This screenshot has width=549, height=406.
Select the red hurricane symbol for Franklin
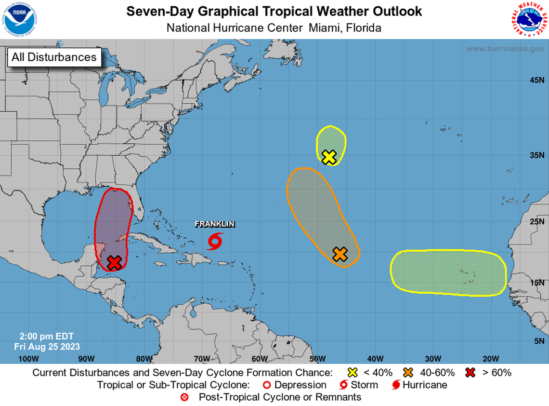[215, 241]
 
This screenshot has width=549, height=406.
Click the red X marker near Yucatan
[114, 263]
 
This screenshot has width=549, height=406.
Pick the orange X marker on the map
[340, 254]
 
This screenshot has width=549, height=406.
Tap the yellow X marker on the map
[329, 157]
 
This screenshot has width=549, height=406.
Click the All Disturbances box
[54, 57]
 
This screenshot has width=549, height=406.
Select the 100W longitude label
[28, 358]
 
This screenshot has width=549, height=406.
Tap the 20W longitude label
[490, 358]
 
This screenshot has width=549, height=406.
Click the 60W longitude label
[259, 358]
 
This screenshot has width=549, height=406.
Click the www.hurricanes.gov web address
[505, 49]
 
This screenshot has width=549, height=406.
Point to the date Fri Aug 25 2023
[47, 346]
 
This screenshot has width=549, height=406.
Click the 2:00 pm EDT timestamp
[47, 336]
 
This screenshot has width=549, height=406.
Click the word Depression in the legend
[300, 385]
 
